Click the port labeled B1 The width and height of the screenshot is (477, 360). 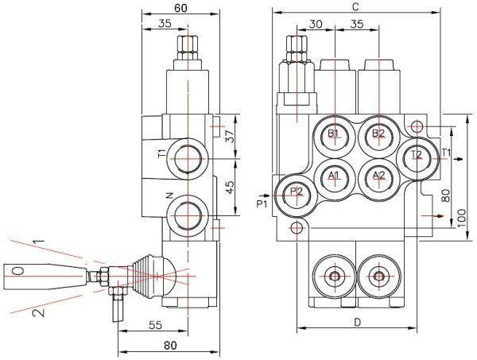[x=335, y=134]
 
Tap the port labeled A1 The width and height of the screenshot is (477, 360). [x=335, y=175]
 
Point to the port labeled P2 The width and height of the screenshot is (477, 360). [x=296, y=192]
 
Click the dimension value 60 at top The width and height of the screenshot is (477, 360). [x=181, y=8]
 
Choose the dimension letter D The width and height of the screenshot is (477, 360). [x=357, y=322]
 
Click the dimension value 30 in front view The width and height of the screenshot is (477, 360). [x=316, y=25]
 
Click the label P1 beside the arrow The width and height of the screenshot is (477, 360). [x=263, y=205]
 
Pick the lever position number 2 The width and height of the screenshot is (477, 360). [x=35, y=313]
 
